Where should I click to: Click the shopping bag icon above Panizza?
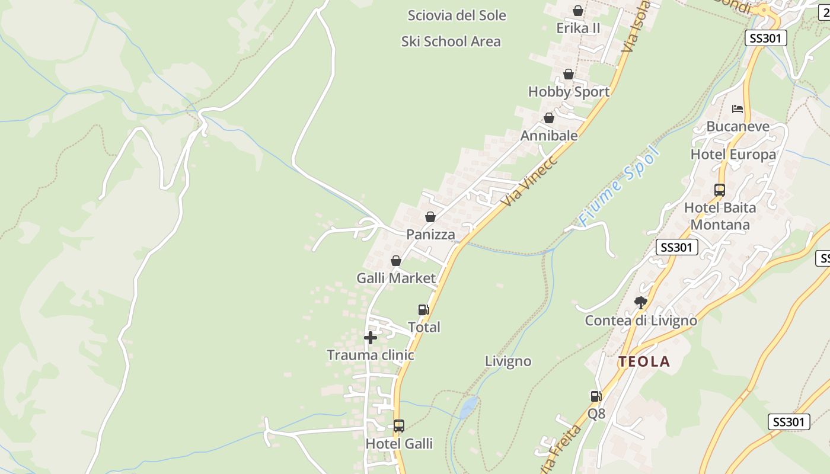point(430,217)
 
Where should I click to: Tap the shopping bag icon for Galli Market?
point(396,261)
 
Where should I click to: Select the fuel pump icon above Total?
point(423,309)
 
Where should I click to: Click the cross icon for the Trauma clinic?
point(371,338)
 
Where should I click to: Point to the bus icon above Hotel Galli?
point(399,425)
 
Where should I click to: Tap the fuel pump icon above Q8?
point(596,396)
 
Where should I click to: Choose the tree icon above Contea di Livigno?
point(640,303)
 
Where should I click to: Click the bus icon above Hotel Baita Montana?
point(720,190)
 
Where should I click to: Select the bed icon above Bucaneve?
point(738,108)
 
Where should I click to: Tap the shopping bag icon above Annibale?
point(549,118)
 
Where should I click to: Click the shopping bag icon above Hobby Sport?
point(569,74)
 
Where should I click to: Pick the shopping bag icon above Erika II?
point(578,11)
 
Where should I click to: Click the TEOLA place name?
point(644,361)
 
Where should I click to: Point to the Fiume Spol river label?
point(619,187)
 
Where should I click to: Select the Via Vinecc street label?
point(529,181)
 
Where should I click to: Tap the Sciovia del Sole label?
point(456,15)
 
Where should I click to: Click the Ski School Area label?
point(451,41)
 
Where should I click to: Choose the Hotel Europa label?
point(733,155)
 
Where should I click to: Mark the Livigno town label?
point(508,361)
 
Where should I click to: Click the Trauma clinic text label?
point(371,355)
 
